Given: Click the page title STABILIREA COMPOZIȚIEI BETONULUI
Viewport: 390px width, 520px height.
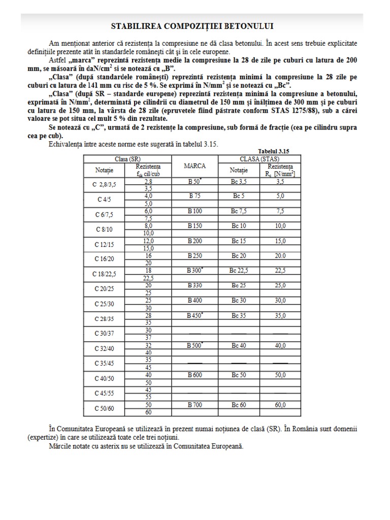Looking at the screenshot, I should pyautogui.click(x=195, y=26).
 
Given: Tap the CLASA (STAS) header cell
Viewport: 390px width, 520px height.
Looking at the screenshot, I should pyautogui.click(x=263, y=159).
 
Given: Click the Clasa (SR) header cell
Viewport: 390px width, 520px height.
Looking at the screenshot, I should pyautogui.click(x=127, y=159).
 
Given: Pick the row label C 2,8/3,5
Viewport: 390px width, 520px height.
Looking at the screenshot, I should pyautogui.click(x=105, y=184).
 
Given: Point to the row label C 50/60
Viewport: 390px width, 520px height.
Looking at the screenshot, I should pyautogui.click(x=105, y=409).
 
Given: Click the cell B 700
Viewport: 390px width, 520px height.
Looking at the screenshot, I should pyautogui.click(x=195, y=405).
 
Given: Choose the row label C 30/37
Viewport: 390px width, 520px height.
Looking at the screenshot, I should pyautogui.click(x=105, y=334).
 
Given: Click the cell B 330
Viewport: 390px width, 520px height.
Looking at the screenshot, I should pyautogui.click(x=195, y=285).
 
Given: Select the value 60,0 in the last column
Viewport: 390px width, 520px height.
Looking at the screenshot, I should pyautogui.click(x=280, y=405).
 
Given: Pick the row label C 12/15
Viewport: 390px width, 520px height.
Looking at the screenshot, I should pyautogui.click(x=105, y=244).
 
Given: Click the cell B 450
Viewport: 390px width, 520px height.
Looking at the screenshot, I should pyautogui.click(x=195, y=315).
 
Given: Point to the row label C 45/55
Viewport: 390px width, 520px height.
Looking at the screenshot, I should pyautogui.click(x=105, y=394).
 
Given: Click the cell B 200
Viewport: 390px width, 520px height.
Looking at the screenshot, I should pyautogui.click(x=195, y=241).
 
